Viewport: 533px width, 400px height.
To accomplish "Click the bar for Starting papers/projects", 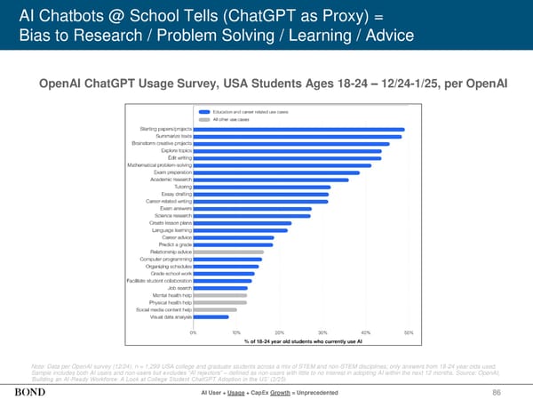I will (298, 130).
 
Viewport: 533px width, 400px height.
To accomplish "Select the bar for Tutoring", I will (262, 187).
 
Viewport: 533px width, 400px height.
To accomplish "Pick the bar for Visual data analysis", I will (211, 316).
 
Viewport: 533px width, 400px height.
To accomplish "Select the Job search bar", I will (220, 288).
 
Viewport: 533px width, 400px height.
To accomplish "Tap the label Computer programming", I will (164, 259).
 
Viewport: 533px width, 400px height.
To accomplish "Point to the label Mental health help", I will (170, 295).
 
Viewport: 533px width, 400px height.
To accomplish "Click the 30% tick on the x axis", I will (322, 332).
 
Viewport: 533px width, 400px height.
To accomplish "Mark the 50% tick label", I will (409, 332).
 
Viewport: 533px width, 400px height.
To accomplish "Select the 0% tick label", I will (194, 332).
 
